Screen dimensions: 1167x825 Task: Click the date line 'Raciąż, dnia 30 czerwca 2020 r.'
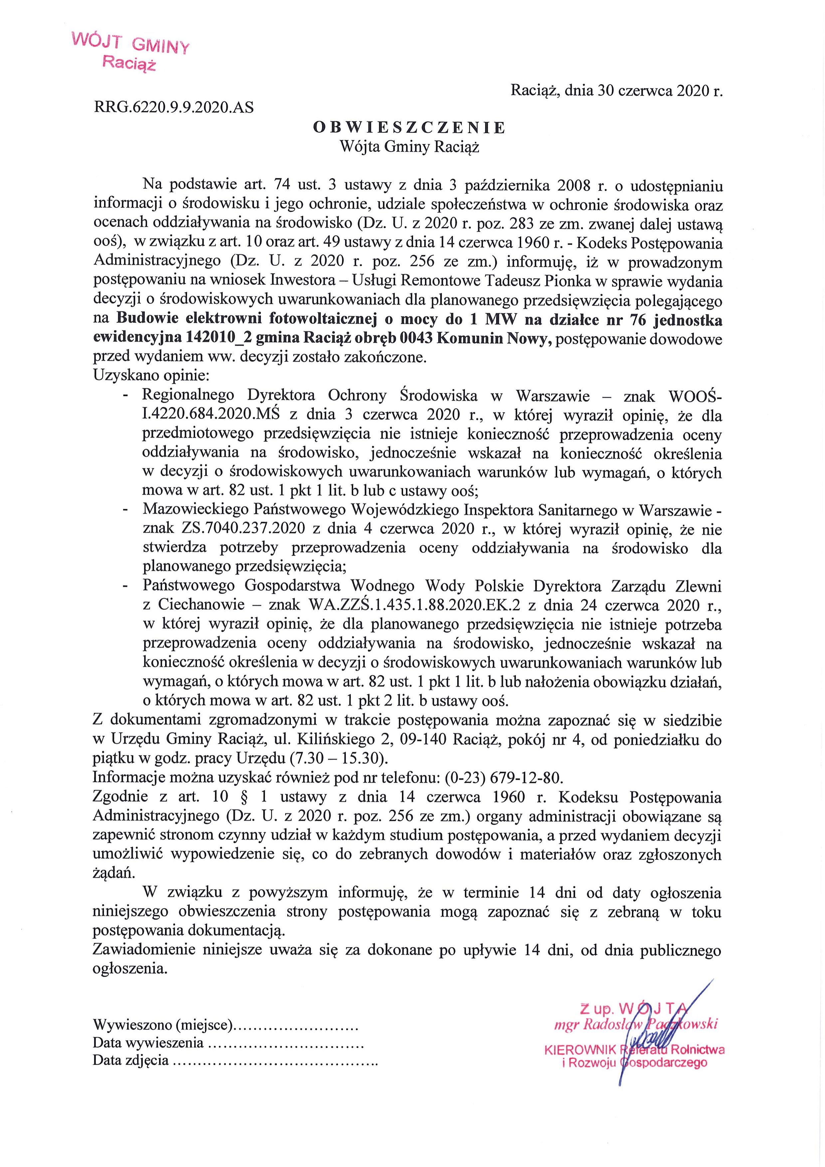click(x=616, y=90)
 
